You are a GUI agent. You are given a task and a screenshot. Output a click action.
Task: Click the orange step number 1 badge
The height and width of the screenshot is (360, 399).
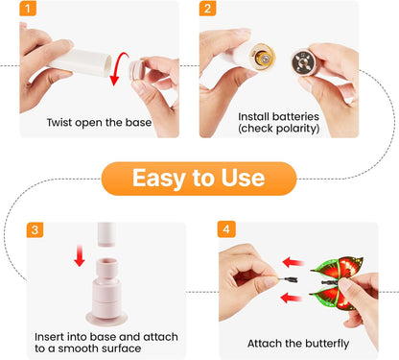[28, 9]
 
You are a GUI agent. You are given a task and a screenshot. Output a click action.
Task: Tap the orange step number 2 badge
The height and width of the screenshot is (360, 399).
[207, 9]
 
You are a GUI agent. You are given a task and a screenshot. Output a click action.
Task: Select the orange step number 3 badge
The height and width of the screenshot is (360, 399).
[35, 229]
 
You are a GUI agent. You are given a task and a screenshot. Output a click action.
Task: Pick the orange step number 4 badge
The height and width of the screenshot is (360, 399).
[226, 229]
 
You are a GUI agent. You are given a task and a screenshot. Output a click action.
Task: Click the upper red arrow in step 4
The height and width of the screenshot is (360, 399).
[293, 262]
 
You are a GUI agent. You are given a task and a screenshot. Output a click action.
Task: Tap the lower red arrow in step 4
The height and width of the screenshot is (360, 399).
[292, 298]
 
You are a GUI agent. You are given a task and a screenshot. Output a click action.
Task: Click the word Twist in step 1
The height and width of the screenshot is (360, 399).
[59, 122]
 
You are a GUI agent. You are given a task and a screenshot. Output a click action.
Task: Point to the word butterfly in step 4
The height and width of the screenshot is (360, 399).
[322, 344]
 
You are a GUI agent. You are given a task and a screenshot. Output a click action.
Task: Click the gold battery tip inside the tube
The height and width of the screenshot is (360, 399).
[264, 58]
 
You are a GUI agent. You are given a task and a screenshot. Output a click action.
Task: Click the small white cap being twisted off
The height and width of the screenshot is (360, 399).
[137, 70]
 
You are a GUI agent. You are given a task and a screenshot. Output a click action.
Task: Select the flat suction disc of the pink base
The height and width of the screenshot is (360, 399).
[106, 318]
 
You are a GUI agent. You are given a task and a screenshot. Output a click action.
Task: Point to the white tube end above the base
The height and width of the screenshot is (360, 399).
[106, 234]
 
